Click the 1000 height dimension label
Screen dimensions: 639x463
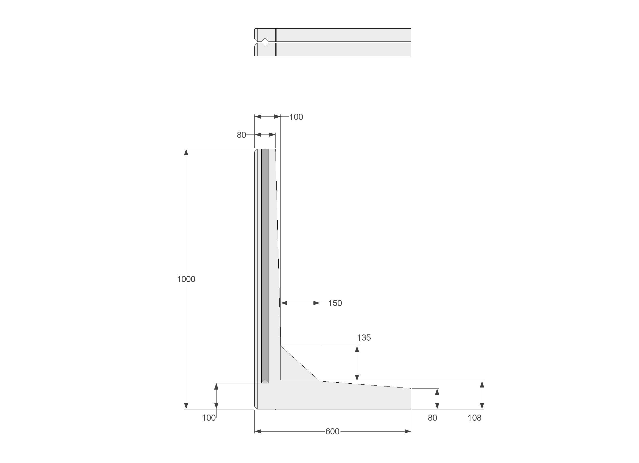click(x=186, y=279)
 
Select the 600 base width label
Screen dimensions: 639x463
click(x=333, y=432)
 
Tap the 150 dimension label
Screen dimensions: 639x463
click(x=335, y=303)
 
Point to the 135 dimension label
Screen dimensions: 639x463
click(x=364, y=338)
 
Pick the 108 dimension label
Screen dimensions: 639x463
click(x=475, y=418)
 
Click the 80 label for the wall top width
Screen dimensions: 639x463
click(x=242, y=135)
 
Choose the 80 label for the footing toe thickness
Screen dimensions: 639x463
click(x=433, y=418)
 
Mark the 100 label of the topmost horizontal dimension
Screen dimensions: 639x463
click(x=296, y=117)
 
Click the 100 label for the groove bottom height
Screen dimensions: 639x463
click(x=209, y=418)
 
